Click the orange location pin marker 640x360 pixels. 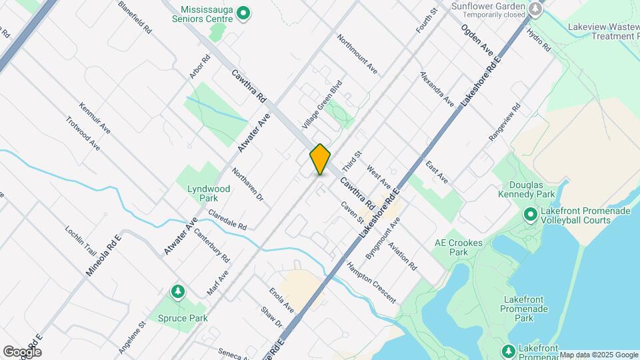[x=320, y=159]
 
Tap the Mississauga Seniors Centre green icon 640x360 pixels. [x=244, y=12]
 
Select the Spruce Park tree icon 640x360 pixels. [x=177, y=291]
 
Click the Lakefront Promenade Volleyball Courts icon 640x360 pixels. [x=530, y=215]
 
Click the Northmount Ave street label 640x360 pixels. [x=357, y=54]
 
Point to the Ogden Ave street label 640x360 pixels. [x=477, y=40]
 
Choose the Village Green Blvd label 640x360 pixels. [x=321, y=105]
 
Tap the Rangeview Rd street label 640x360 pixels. [x=504, y=122]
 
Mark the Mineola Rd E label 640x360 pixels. [x=103, y=255]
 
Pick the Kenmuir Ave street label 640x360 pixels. [x=95, y=118]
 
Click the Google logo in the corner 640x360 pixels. [x=22, y=352]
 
